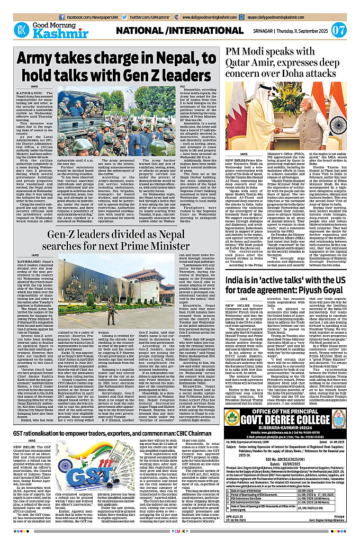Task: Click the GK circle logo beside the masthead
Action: (22, 30)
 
